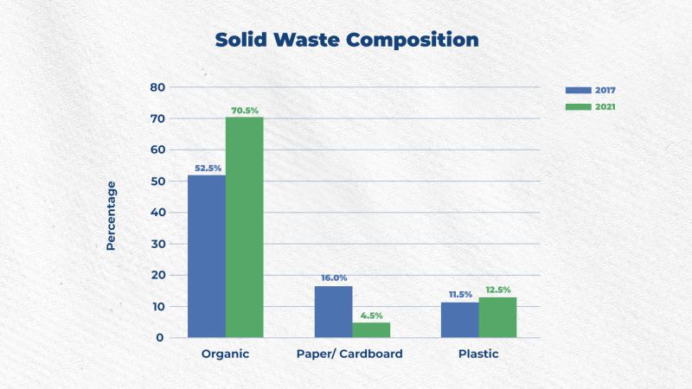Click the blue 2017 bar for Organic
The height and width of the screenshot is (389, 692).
click(x=207, y=256)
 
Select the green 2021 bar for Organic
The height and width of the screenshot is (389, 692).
click(x=245, y=227)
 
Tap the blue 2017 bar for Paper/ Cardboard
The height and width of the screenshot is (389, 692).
click(x=334, y=312)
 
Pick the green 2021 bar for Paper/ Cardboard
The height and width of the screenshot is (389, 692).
click(x=371, y=330)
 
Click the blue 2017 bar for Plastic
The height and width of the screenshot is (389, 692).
click(x=460, y=320)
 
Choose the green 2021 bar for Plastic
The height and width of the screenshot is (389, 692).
click(x=497, y=317)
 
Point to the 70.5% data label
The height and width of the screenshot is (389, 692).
click(x=245, y=111)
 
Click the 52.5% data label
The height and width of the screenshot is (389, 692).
click(x=208, y=168)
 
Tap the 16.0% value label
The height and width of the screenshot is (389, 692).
click(x=334, y=277)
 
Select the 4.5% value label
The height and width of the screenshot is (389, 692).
click(x=372, y=316)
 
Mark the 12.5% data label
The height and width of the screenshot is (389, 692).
click(x=498, y=290)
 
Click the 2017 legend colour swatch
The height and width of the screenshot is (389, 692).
click(x=578, y=91)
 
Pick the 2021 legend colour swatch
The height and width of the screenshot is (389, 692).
click(x=578, y=107)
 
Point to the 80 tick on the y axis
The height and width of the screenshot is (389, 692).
click(x=157, y=87)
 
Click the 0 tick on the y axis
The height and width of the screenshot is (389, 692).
click(x=160, y=338)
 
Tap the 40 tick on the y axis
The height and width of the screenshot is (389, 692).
click(x=157, y=213)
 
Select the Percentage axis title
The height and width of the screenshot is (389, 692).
click(x=111, y=215)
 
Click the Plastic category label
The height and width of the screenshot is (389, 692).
click(x=478, y=354)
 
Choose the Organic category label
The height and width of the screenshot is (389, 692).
click(x=225, y=354)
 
